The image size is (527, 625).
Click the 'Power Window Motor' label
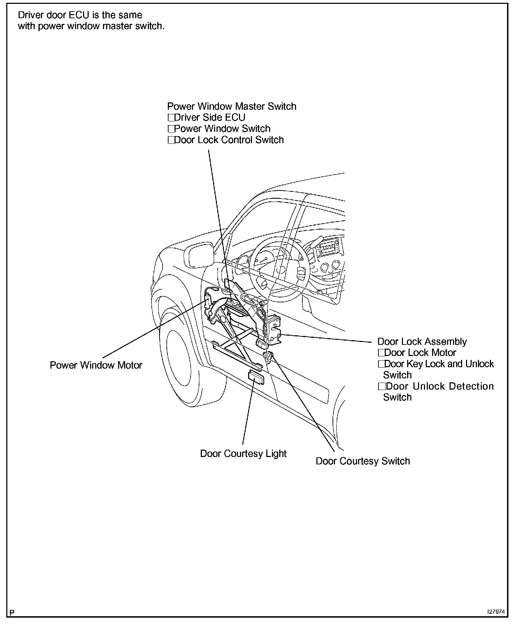tap(96, 365)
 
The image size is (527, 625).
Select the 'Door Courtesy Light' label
tap(243, 454)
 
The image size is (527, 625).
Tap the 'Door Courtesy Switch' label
tap(363, 461)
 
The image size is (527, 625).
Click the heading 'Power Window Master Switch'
tap(232, 107)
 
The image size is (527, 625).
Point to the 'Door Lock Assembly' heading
tap(422, 342)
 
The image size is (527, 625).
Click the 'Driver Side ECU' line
tap(210, 118)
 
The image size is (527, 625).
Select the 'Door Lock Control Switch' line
tap(228, 140)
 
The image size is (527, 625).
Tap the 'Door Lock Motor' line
tap(420, 353)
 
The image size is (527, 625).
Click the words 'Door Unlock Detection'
tap(439, 387)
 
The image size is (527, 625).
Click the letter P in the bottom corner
tap(12, 613)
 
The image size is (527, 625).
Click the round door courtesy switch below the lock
tap(269, 356)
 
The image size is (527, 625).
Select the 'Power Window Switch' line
tap(222, 129)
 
